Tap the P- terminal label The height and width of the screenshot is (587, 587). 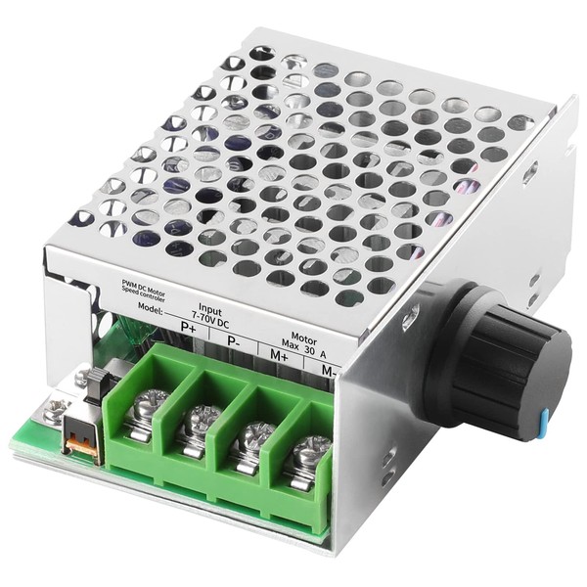pyautogui.click(x=233, y=340)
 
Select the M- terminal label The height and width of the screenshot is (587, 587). pyautogui.click(x=330, y=371)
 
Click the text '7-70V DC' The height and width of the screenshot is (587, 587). pyautogui.click(x=209, y=317)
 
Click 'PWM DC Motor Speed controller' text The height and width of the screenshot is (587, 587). pyautogui.click(x=140, y=289)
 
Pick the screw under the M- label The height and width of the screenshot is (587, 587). pyautogui.click(x=311, y=451)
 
